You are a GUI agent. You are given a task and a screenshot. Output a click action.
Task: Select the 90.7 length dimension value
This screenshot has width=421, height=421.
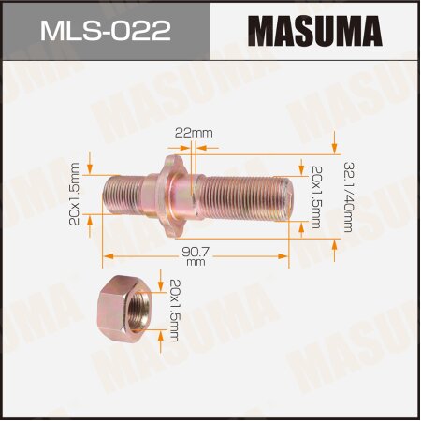point(195,252)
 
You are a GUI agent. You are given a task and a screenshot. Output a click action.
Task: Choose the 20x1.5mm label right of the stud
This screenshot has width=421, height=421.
point(315,196)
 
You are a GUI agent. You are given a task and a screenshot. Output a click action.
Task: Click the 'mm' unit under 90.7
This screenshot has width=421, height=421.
point(195,264)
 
